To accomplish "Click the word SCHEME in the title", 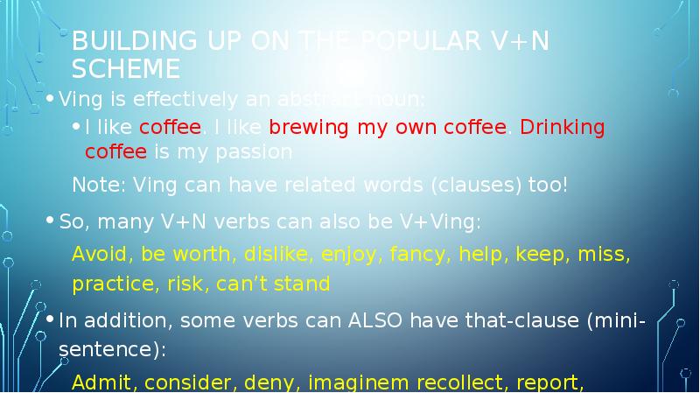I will [x=126, y=68].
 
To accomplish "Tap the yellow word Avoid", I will [x=96, y=255].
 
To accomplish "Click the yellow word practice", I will [x=105, y=284].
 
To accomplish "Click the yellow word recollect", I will [x=447, y=382].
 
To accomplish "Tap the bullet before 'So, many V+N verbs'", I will [x=52, y=221].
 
